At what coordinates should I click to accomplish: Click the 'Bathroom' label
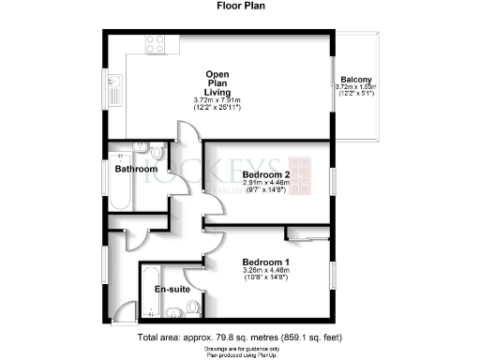point(136,169)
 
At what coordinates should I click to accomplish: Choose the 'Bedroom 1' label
point(265,261)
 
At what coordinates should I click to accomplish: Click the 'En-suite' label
point(172,290)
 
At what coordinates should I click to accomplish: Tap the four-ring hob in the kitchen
point(153,45)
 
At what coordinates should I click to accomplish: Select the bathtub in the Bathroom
point(121,192)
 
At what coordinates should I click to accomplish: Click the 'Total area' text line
point(239,336)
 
